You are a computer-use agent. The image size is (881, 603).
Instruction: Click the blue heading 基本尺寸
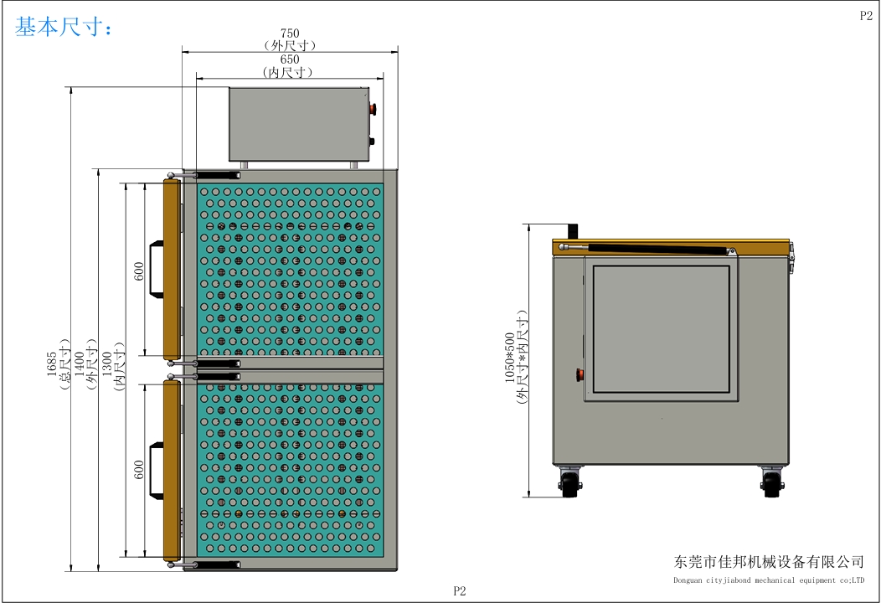[x=59, y=27]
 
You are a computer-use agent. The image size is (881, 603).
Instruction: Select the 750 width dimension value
[x=290, y=33]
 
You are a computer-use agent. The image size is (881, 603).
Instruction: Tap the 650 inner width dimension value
[x=290, y=59]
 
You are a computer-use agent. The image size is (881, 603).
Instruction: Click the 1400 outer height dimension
[x=80, y=363]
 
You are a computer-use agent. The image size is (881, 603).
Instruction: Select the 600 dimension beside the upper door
[x=139, y=271]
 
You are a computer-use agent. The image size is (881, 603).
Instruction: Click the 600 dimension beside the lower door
[x=139, y=470]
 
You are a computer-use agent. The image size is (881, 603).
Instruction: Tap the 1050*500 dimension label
[x=510, y=358]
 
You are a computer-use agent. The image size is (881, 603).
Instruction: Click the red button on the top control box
[x=372, y=109]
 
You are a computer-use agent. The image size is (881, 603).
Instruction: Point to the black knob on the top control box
[x=371, y=141]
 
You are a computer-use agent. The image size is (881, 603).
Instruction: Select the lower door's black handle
[x=157, y=469]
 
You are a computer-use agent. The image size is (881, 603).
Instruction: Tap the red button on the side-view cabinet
[x=580, y=374]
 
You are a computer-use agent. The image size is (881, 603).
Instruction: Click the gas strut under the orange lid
[x=647, y=248]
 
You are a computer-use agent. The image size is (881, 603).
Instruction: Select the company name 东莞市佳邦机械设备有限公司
[x=769, y=561]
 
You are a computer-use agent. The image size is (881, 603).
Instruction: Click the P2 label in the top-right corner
[x=866, y=15]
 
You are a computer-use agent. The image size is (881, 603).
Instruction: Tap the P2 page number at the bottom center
[x=460, y=590]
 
